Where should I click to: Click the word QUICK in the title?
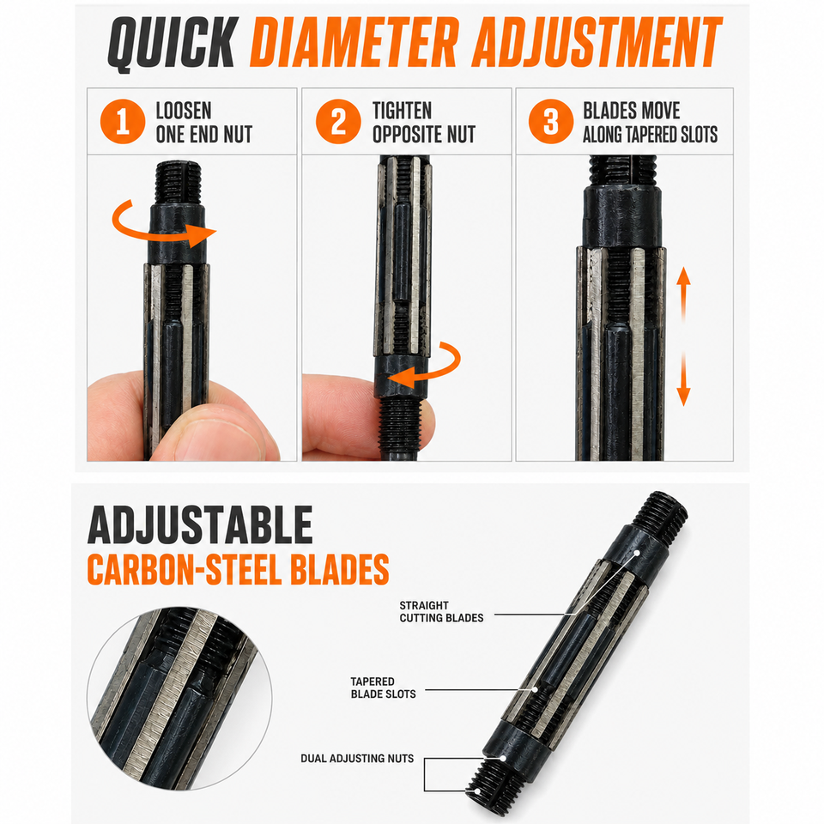pyautogui.click(x=173, y=44)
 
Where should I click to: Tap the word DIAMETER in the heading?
pyautogui.click(x=354, y=42)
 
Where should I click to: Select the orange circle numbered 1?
pyautogui.click(x=123, y=121)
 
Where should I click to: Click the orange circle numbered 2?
pyautogui.click(x=338, y=121)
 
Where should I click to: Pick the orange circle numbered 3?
pyautogui.click(x=551, y=121)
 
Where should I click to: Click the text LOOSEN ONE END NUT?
pyautogui.click(x=204, y=123)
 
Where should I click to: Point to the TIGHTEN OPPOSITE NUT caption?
pyautogui.click(x=423, y=123)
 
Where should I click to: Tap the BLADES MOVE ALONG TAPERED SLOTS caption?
pyautogui.click(x=650, y=123)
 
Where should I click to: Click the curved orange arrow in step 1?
pyautogui.click(x=158, y=235)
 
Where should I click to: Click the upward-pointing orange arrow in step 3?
pyautogui.click(x=683, y=294)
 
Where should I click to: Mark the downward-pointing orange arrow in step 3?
pyautogui.click(x=683, y=379)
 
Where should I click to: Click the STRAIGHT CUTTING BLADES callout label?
pyautogui.click(x=441, y=612)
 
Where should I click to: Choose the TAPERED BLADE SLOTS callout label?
pyautogui.click(x=383, y=688)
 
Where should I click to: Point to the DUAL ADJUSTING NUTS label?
pyautogui.click(x=357, y=758)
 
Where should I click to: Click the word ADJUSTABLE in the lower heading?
pyautogui.click(x=200, y=525)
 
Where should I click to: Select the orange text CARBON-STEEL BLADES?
pyautogui.click(x=238, y=569)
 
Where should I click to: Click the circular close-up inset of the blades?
pyautogui.click(x=179, y=699)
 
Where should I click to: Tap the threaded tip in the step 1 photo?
pyautogui.click(x=178, y=183)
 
